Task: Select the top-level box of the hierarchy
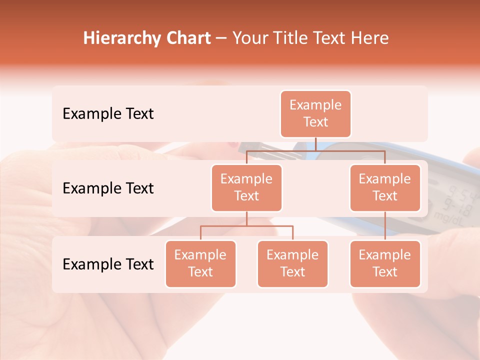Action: coord(315,114)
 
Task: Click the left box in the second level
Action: coord(246,188)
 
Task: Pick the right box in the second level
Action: coord(385,188)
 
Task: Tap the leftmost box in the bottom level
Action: coord(200,264)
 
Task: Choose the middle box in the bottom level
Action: coord(292,264)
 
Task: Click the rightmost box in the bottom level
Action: coord(385,264)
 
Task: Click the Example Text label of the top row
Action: coord(108,114)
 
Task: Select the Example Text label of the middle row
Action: coord(108,188)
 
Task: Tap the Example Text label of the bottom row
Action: coord(108,264)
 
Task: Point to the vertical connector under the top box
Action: coord(315,144)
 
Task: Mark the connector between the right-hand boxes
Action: coord(385,226)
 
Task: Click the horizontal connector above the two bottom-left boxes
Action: coord(246,226)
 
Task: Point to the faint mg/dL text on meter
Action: coord(447,216)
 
